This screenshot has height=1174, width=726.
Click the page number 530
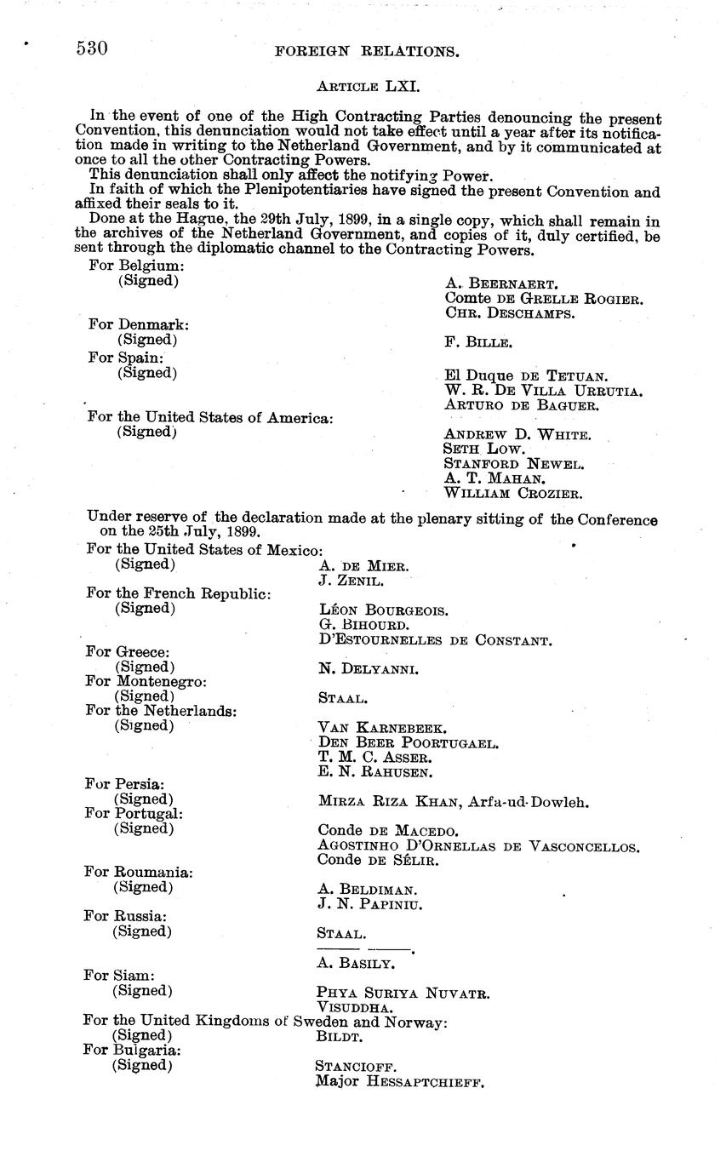point(92,49)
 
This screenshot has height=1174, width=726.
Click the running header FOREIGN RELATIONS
point(368,51)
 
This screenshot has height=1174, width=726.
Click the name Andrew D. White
point(517,434)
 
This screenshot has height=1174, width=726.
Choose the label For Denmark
point(139,324)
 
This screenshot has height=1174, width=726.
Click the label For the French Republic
point(179,593)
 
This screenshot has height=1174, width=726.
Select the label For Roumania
point(139,873)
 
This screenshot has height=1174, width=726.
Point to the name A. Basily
point(355,964)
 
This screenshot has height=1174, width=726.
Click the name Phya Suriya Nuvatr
point(403,993)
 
